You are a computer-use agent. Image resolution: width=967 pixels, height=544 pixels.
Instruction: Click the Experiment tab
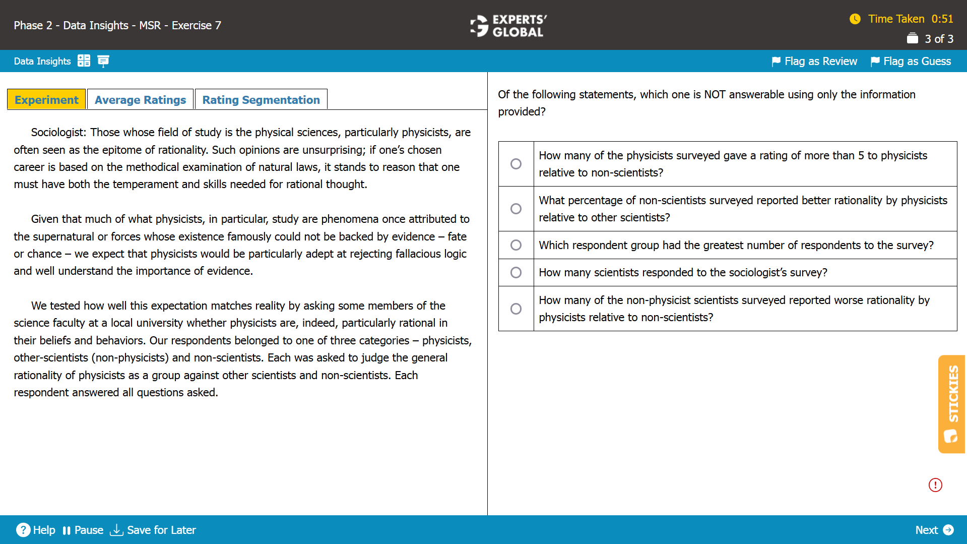coord(46,100)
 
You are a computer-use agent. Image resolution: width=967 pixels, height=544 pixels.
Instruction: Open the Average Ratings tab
coord(140,100)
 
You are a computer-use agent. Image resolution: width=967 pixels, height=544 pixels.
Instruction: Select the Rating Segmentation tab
coord(261,100)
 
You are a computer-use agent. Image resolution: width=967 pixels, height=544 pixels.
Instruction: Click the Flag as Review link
coord(814,62)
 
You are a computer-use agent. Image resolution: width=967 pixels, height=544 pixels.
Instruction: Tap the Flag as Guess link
coord(911,62)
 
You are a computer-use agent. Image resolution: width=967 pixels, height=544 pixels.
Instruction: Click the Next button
coord(934,530)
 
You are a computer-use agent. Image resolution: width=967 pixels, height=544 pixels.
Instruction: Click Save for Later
coord(153,530)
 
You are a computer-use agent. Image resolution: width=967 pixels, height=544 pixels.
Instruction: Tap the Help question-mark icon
coord(23,530)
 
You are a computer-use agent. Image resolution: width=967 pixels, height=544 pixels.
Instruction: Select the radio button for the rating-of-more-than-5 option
coord(515,164)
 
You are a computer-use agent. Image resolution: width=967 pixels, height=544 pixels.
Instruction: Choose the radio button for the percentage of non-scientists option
coord(515,209)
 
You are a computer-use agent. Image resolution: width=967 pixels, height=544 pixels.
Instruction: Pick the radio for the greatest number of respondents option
coord(515,245)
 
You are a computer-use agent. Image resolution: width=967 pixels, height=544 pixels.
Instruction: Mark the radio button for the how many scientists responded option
coord(515,272)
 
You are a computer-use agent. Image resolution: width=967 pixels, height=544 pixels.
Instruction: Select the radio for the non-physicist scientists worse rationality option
coord(515,309)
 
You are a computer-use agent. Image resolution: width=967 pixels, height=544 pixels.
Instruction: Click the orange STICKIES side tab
coord(951,404)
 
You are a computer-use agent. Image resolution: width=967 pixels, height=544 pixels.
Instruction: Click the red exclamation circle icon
coord(935,485)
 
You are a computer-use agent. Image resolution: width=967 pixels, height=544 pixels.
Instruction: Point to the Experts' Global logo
coord(508,25)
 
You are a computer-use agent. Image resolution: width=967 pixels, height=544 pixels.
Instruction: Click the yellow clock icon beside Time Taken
coord(855,19)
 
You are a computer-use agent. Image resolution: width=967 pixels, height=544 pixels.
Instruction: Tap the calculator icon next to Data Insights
coord(84,61)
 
